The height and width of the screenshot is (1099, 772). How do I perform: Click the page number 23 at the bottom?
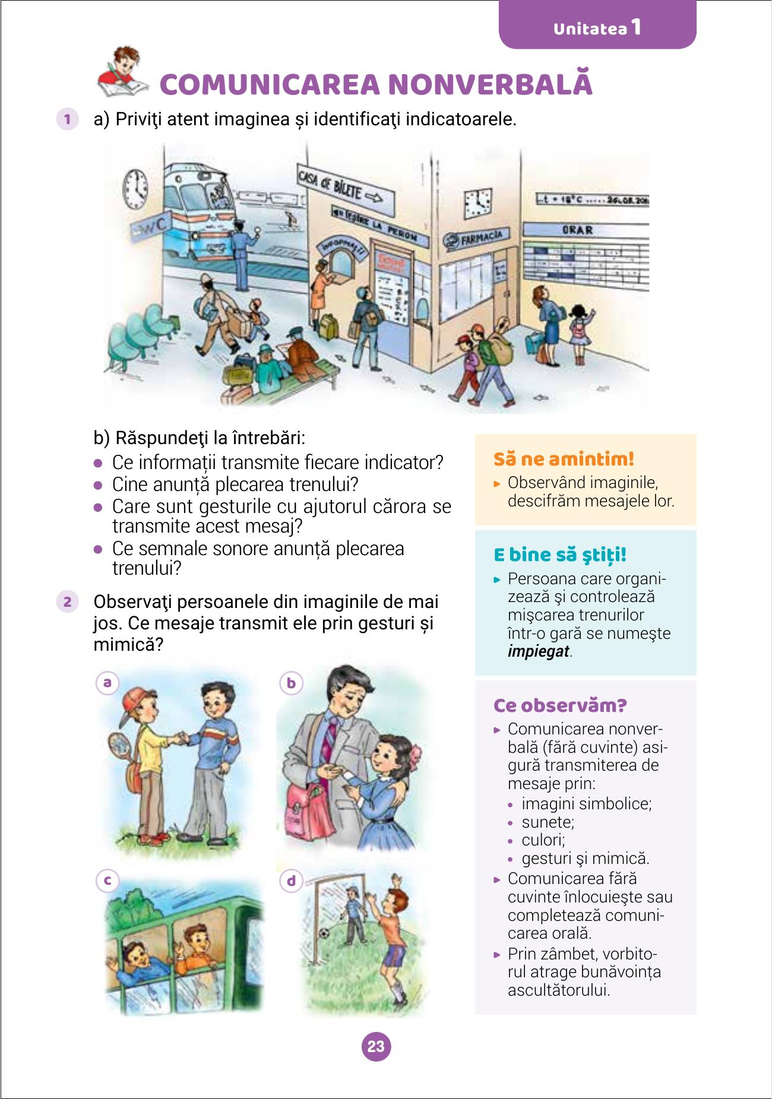click(376, 1046)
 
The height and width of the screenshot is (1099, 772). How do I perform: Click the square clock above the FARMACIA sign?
click(478, 202)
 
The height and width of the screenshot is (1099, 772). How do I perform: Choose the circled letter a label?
click(107, 683)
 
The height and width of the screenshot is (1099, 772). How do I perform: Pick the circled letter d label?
click(291, 881)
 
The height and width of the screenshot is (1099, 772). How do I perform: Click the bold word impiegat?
click(539, 651)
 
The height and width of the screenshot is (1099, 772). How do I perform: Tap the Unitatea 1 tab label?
click(597, 28)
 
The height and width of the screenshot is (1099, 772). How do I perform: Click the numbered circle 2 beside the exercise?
click(67, 601)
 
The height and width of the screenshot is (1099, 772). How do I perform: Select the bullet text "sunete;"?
click(548, 822)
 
